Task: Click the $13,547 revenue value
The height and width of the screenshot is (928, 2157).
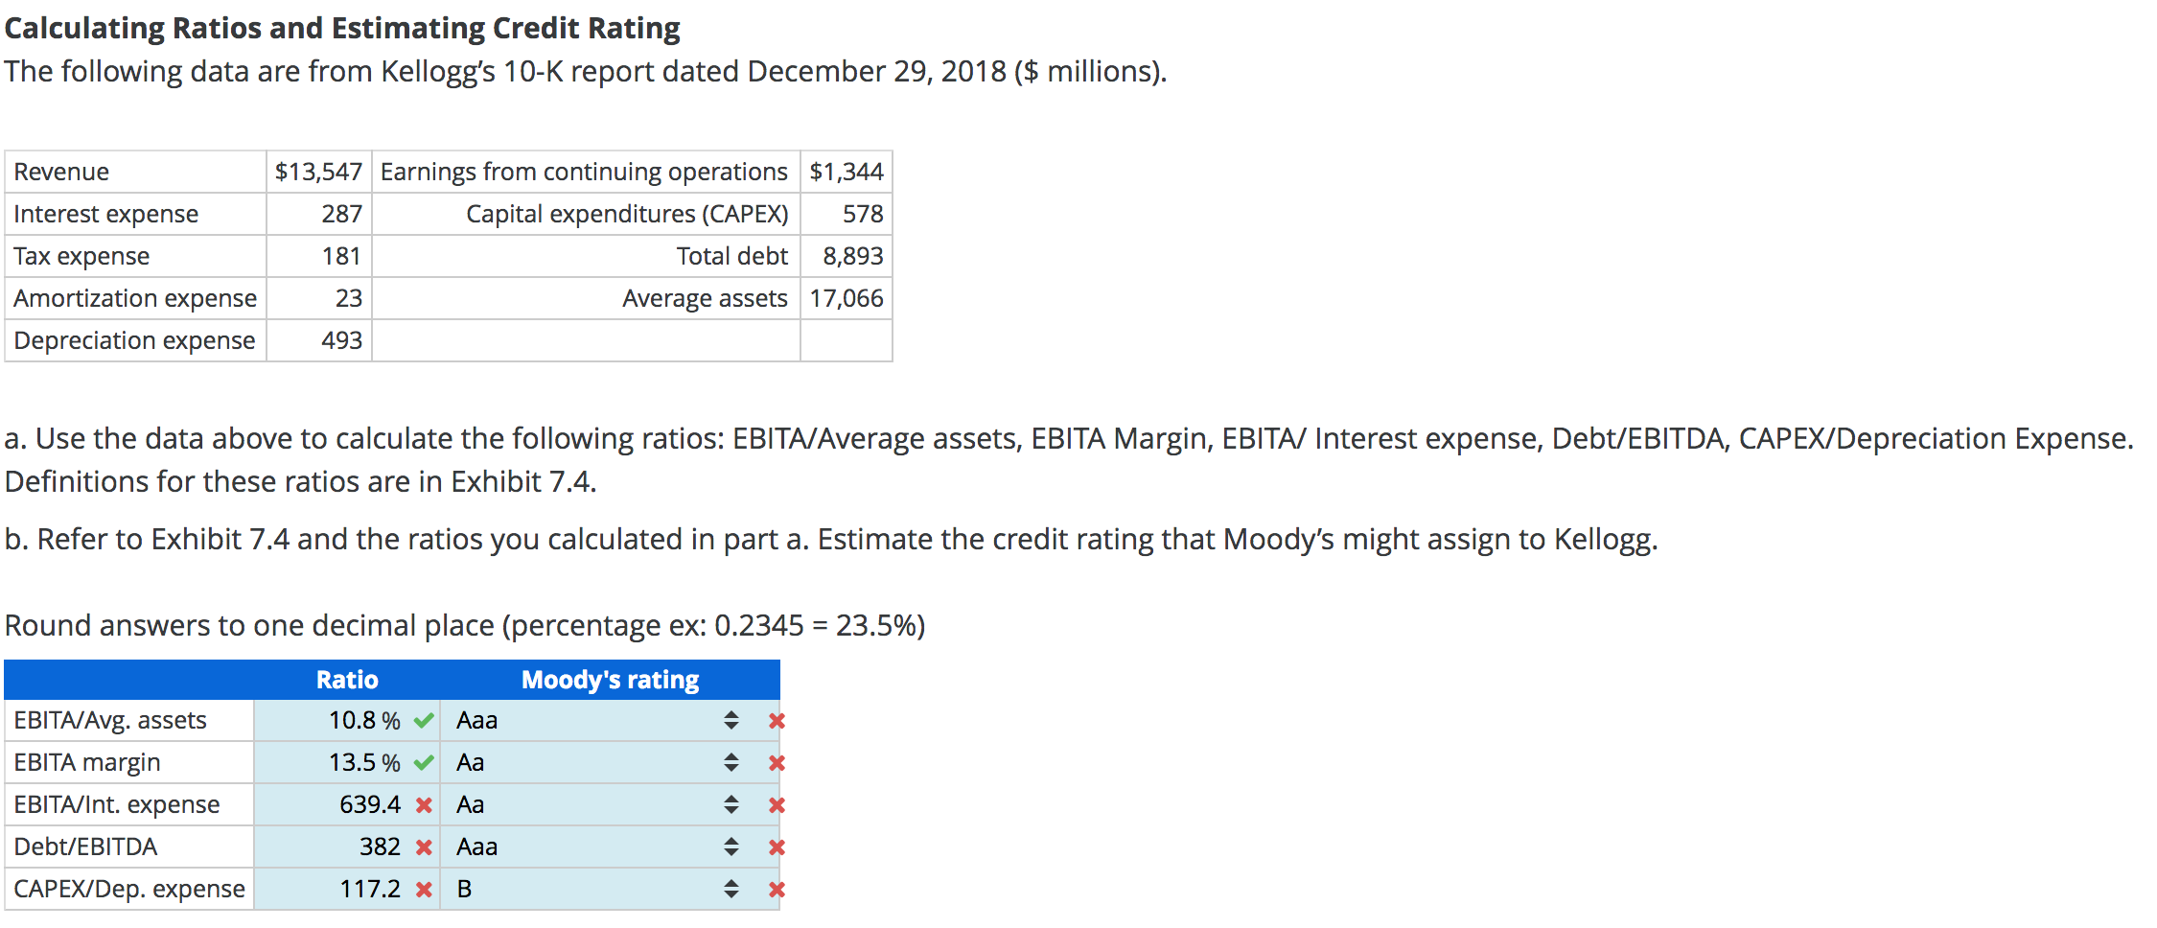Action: click(318, 172)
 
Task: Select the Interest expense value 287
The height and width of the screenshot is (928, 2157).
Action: click(341, 214)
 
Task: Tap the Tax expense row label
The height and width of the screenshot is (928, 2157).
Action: click(81, 256)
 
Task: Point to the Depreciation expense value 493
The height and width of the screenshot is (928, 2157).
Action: click(341, 340)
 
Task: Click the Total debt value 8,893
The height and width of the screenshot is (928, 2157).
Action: click(852, 256)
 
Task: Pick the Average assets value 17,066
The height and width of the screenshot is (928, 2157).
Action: click(846, 298)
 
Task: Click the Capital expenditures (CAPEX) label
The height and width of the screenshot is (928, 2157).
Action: click(627, 214)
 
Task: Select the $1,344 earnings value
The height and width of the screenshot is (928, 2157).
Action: click(846, 172)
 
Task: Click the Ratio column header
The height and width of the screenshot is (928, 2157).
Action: click(347, 680)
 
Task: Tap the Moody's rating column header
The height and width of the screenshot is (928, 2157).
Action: click(610, 680)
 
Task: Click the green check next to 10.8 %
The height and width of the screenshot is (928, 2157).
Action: click(424, 721)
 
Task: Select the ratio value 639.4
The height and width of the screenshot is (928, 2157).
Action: click(370, 804)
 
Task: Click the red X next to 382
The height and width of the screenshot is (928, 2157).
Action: click(424, 847)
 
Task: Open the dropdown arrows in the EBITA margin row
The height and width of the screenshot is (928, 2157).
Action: click(731, 763)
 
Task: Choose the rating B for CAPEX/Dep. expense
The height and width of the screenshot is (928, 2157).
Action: click(464, 890)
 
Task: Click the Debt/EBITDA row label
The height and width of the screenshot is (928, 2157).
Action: click(85, 847)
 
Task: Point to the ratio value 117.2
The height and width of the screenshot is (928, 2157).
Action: click(370, 889)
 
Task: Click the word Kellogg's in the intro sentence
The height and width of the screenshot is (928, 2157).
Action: click(438, 72)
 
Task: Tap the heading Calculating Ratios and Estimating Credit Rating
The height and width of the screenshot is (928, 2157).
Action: click(342, 28)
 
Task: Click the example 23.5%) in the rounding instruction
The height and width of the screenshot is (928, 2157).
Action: click(880, 626)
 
